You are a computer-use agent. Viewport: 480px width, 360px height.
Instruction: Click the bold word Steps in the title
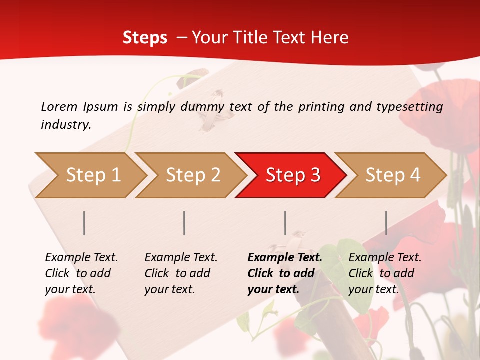coord(145,38)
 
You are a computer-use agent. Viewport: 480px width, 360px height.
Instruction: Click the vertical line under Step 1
coord(84,223)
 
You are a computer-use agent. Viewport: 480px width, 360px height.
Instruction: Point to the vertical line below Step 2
coord(184,223)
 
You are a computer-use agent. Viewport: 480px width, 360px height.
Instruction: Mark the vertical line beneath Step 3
coord(285,223)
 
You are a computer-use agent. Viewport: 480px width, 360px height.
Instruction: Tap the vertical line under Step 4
coord(386,223)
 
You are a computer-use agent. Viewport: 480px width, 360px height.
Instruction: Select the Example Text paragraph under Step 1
coord(81,273)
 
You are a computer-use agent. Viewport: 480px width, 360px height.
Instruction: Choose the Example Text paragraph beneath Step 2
coord(181,273)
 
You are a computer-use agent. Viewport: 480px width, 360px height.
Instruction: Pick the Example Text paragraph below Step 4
coord(384,273)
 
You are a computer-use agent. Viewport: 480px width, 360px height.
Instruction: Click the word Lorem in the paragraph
coord(59,106)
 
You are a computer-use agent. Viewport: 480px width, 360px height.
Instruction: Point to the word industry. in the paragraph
coord(66,124)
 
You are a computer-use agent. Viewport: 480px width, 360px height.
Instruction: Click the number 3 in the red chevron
coord(315,175)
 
